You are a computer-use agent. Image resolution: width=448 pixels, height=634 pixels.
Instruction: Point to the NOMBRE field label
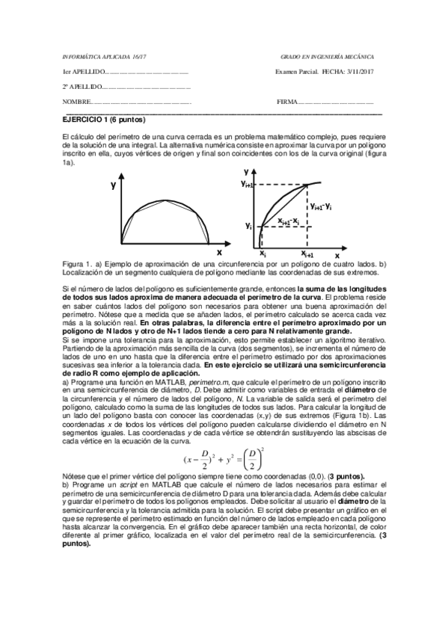click(75, 102)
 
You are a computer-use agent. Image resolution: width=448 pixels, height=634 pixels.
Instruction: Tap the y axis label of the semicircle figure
click(113, 185)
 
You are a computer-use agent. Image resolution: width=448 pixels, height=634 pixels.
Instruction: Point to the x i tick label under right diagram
click(262, 254)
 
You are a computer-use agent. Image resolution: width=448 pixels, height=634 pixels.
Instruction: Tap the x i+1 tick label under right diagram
click(307, 255)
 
